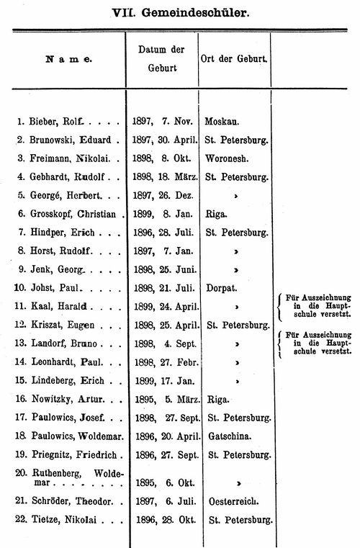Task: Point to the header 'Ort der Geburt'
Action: tap(234, 58)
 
